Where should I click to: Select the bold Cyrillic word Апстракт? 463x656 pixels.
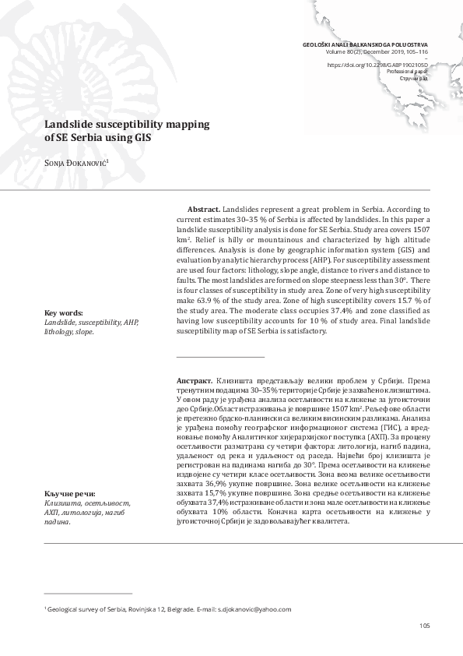point(195,380)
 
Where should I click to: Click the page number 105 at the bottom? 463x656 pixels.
point(423,625)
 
